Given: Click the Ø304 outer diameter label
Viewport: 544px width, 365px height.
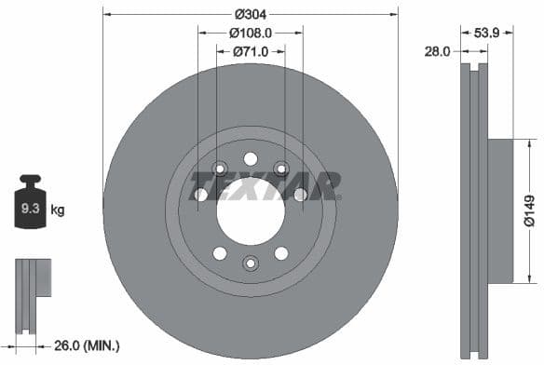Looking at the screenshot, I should tap(251, 13).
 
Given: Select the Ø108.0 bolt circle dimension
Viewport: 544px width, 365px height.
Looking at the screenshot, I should tap(251, 32).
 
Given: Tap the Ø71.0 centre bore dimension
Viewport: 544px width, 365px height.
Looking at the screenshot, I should tap(251, 50).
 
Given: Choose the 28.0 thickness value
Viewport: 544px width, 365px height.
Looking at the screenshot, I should tap(438, 53).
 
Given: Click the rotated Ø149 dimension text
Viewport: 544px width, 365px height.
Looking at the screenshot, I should tap(528, 211).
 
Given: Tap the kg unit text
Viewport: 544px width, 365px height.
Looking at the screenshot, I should tap(58, 210).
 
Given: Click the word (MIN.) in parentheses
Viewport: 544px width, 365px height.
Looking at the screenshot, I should tap(102, 345).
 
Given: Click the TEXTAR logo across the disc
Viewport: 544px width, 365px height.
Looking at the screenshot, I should tap(265, 185).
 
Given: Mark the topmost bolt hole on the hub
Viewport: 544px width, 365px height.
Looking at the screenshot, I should tap(250, 157).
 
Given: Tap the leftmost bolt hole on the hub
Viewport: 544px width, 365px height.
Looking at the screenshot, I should tap(199, 195).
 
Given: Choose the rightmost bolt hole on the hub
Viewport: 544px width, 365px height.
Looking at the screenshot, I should tap(300, 195).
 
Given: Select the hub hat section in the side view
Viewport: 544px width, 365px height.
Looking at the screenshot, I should tap(501, 210).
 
